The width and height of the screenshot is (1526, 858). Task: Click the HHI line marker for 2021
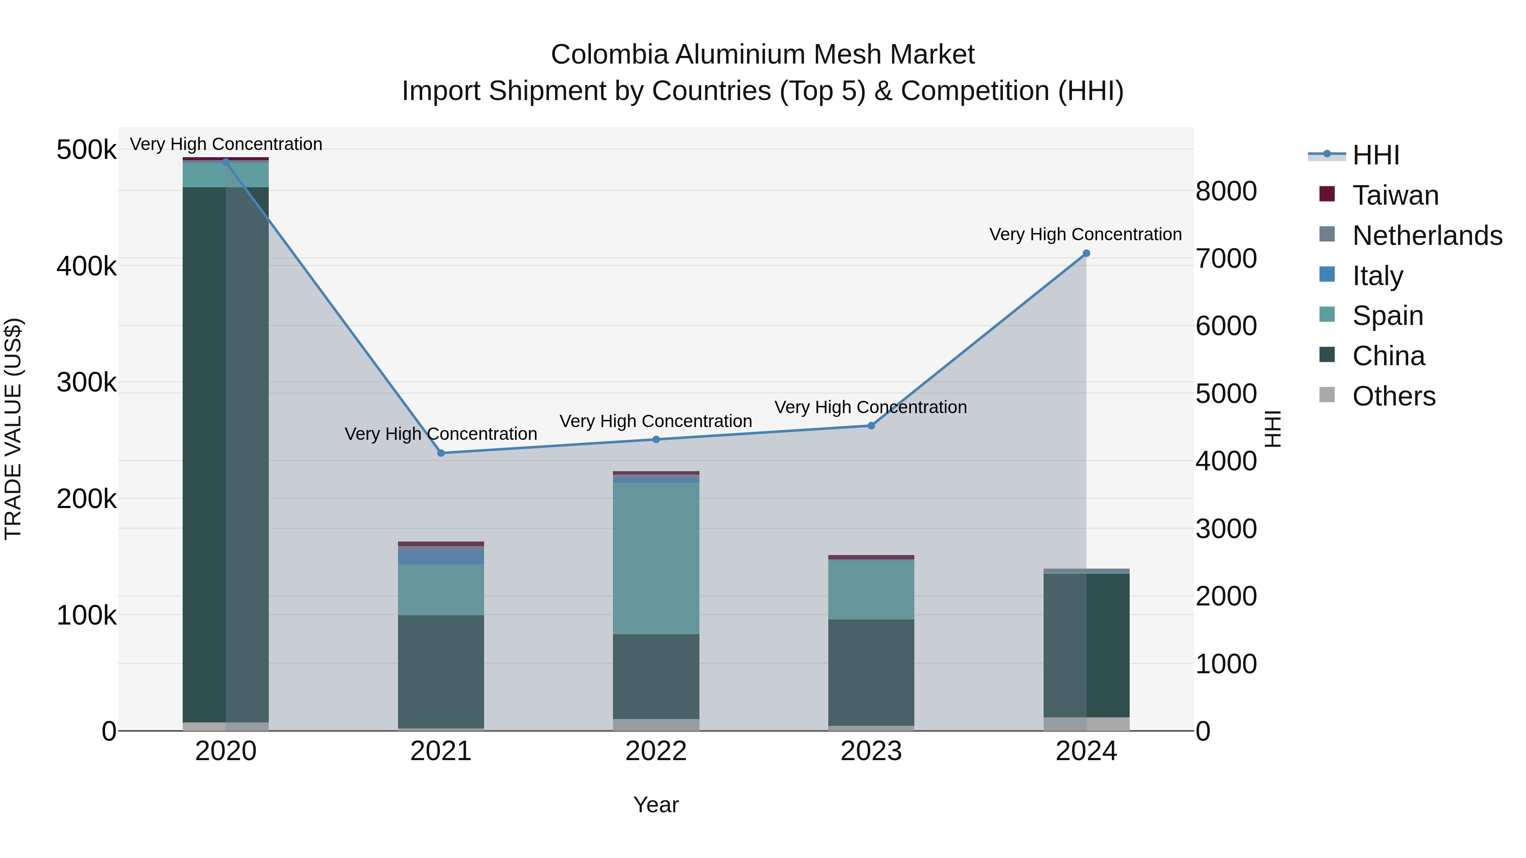tap(441, 453)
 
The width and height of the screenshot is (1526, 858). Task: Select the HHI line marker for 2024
tap(1086, 253)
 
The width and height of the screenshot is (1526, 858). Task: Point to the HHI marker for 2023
tap(871, 426)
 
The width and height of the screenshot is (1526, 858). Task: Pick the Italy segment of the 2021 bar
tap(441, 558)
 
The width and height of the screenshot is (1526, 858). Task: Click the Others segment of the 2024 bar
tap(1086, 724)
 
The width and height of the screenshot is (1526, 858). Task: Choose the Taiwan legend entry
tap(1395, 195)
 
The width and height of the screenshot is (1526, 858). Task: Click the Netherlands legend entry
tap(1426, 236)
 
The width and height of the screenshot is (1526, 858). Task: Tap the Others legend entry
tap(1393, 396)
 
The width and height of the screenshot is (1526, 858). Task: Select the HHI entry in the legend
tap(1376, 155)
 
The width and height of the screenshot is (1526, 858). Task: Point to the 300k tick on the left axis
tap(86, 383)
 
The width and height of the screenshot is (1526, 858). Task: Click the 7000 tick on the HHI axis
tap(1225, 259)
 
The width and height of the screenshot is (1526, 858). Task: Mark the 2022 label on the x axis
tap(656, 751)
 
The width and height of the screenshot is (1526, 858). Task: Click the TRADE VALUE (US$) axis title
tap(13, 429)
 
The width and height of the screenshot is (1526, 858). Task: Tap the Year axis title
tap(656, 805)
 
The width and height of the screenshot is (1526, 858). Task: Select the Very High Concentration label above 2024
tap(1085, 234)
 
